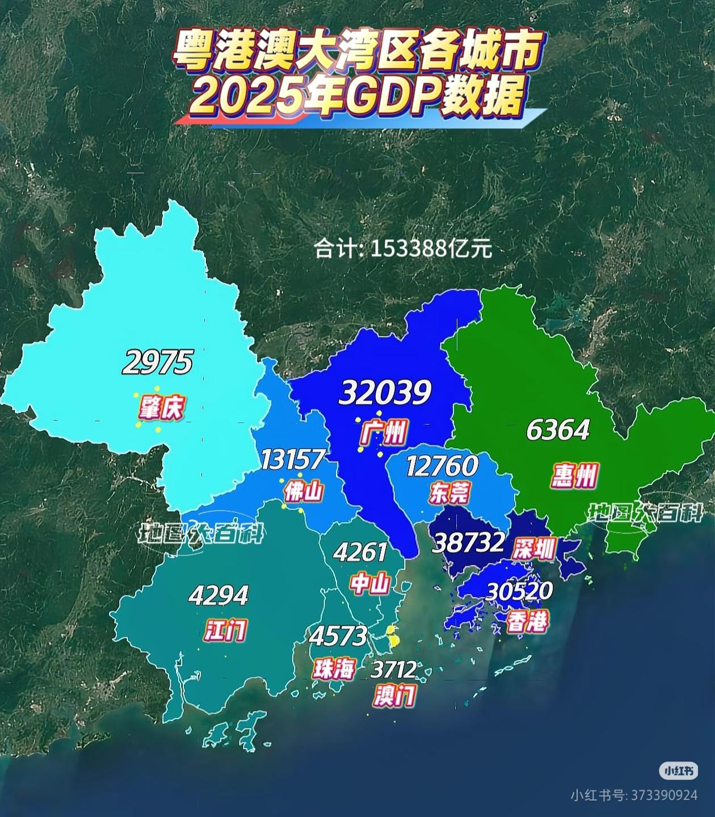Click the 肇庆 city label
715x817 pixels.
point(162,407)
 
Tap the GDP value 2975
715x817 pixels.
point(158,362)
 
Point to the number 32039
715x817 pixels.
point(385,392)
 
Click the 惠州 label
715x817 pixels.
point(574,475)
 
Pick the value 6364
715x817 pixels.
point(558,430)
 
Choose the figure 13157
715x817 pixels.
point(293,460)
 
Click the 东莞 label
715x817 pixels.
point(449,492)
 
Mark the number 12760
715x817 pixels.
point(443,466)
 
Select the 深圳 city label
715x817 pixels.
point(533,548)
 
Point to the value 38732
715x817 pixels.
point(468,543)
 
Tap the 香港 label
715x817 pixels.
point(528,622)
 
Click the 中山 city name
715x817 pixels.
point(369,583)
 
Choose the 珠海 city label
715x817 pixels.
point(334,669)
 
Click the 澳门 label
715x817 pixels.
point(395,695)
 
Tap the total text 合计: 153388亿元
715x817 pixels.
point(403,249)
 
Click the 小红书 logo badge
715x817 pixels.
point(678,771)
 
